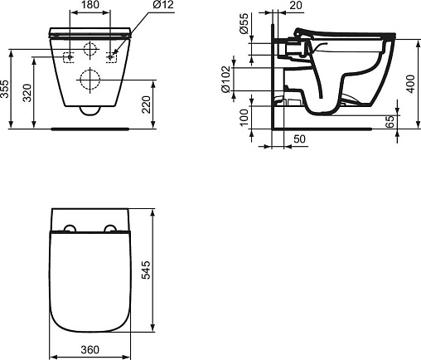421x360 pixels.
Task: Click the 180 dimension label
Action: (x=90, y=5)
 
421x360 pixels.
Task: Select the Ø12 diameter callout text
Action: (x=163, y=5)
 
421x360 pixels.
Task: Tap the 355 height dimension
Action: (x=5, y=89)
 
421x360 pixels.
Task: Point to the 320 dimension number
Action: (x=27, y=93)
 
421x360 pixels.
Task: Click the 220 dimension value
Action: (x=146, y=105)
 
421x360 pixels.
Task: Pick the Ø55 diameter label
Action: (x=244, y=23)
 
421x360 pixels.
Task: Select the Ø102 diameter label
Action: (x=225, y=79)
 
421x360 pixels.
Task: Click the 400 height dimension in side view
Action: (x=411, y=84)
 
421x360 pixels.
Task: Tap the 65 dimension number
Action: (x=390, y=122)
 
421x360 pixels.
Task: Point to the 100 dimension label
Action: (x=244, y=118)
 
